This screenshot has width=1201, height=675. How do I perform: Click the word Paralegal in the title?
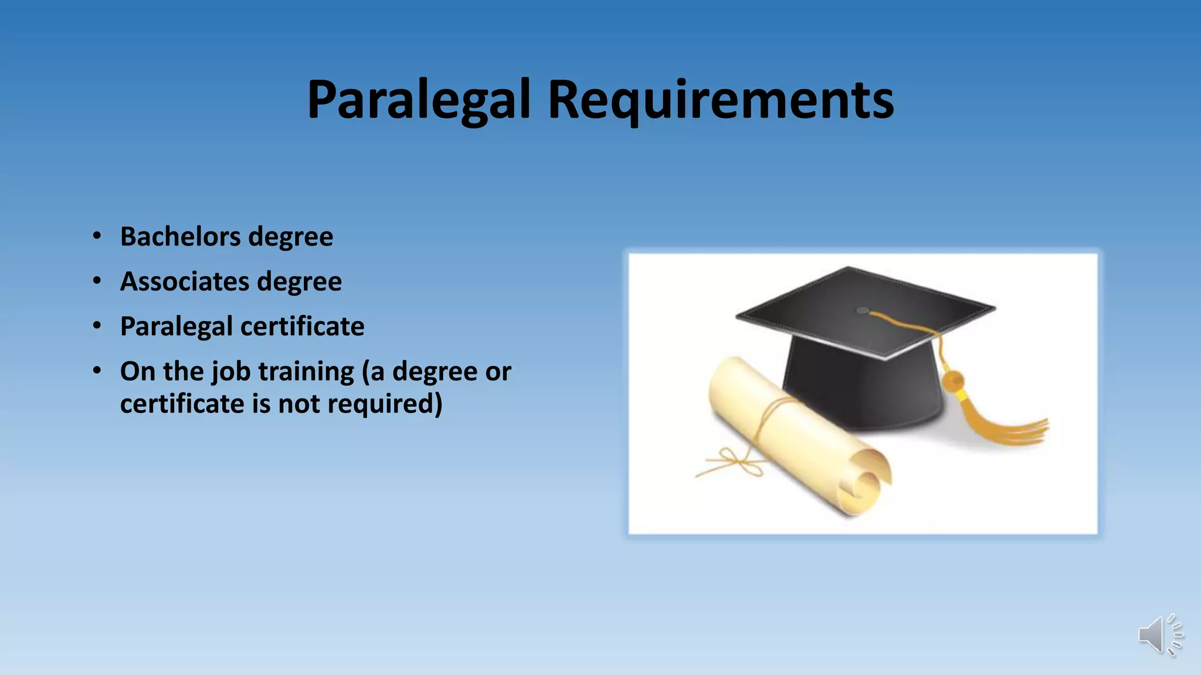coord(419,100)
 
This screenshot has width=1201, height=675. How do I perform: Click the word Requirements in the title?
coord(721,100)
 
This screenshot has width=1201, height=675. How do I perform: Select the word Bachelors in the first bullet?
coord(180,237)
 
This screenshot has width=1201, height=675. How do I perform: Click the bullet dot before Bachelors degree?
coord(97,236)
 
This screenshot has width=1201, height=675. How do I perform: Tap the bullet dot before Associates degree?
coord(97,281)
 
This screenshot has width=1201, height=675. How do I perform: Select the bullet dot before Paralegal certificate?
coord(97,326)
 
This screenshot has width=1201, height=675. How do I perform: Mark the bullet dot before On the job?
coord(97,371)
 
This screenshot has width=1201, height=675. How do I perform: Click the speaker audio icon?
coord(1160,635)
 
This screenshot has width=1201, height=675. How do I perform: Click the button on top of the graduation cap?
coord(863,310)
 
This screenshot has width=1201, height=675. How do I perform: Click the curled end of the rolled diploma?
coord(862,489)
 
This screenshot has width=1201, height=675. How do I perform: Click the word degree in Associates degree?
coord(299,282)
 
